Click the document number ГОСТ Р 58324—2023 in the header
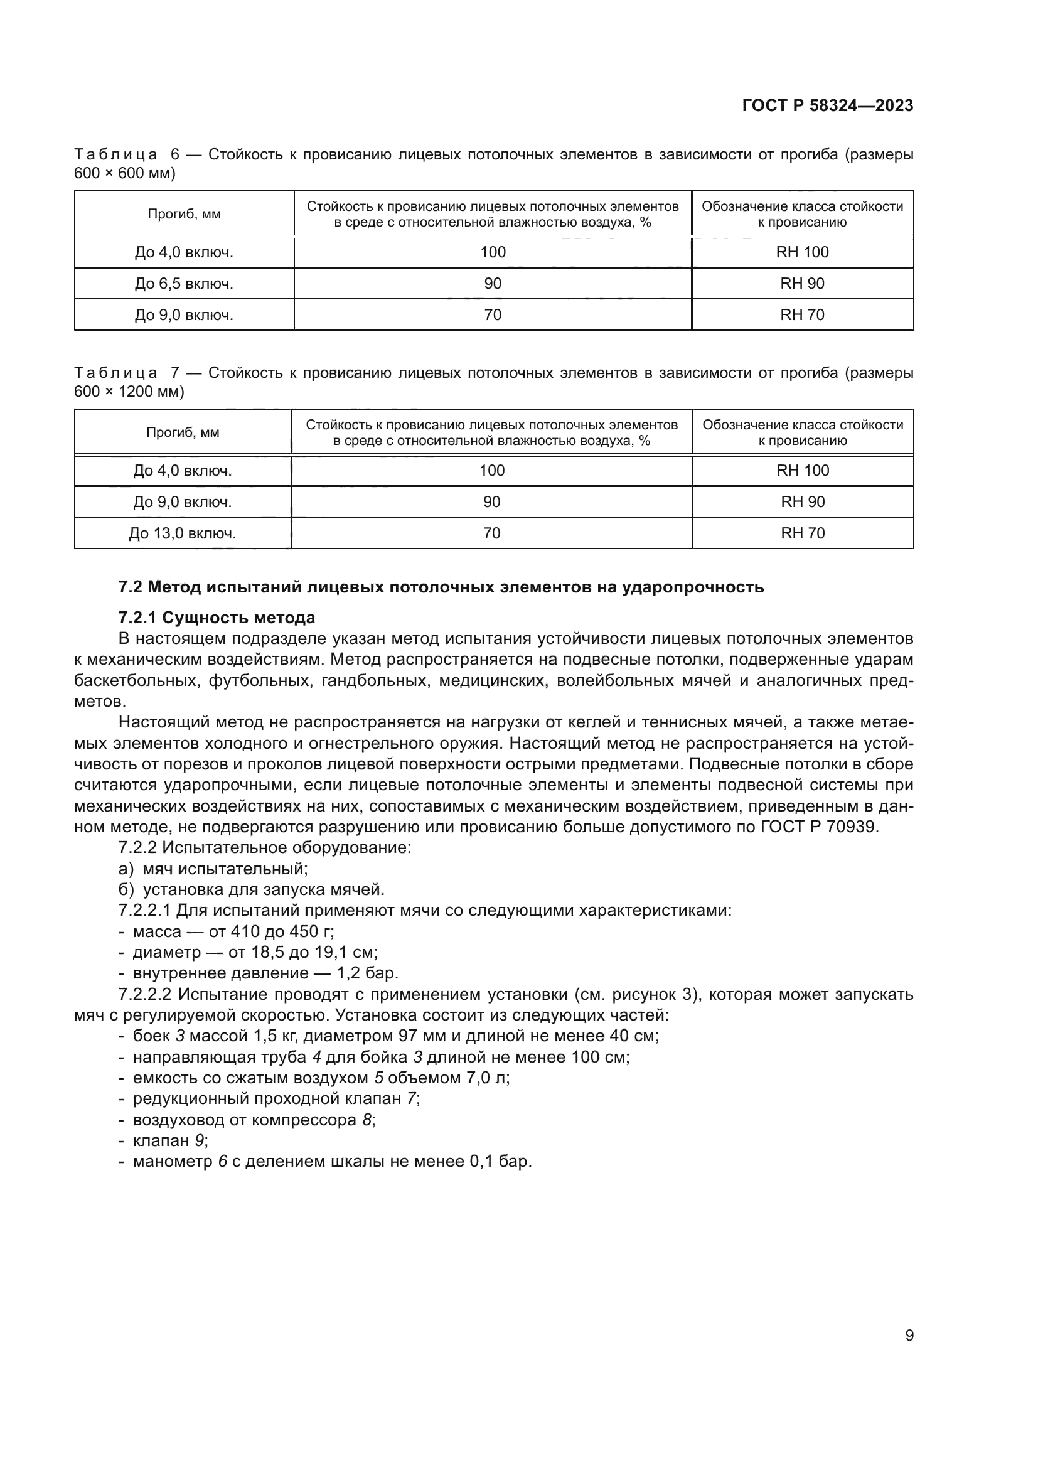828,106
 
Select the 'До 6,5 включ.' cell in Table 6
184,283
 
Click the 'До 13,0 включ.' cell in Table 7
183,533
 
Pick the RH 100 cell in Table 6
802,252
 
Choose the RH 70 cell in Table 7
803,533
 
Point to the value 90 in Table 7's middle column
491,502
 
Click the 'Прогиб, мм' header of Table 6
184,214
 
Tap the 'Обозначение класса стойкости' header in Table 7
803,425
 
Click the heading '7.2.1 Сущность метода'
217,618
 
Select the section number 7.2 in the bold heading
131,587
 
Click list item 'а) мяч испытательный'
213,869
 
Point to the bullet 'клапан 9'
170,1140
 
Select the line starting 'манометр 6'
333,1162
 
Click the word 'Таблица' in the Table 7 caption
115,373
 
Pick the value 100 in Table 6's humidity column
493,252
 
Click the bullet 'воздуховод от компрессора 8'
254,1120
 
